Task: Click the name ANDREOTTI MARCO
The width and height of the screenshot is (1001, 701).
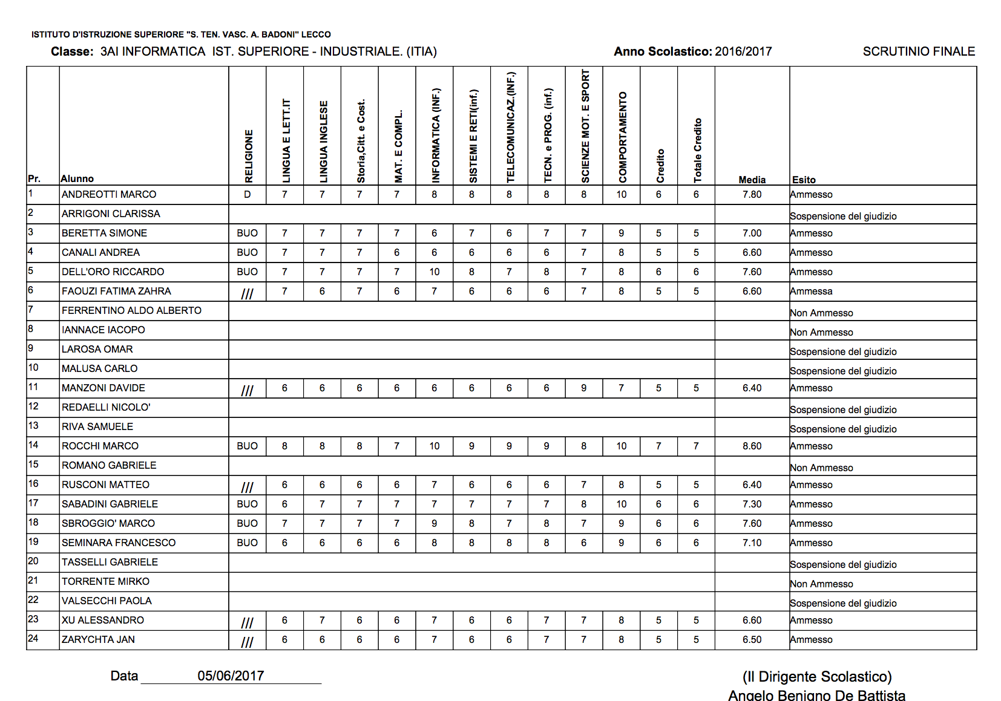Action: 109,195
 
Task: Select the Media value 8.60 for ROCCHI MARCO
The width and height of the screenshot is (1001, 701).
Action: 752,446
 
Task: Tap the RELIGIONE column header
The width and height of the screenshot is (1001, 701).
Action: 248,156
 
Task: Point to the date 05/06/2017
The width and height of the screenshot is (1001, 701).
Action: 231,676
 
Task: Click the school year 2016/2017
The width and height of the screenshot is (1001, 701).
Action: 743,51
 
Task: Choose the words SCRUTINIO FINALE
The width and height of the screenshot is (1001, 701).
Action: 919,51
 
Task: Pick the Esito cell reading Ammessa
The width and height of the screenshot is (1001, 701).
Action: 812,292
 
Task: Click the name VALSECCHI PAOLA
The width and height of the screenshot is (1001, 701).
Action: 107,601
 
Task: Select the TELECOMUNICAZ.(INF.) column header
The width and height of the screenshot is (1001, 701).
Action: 510,127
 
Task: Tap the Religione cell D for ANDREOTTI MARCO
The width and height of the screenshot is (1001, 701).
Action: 247,195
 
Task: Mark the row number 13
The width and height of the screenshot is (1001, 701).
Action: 33,426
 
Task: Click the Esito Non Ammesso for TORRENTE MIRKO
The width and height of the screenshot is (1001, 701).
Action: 822,584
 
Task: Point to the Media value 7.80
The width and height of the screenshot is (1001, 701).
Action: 752,195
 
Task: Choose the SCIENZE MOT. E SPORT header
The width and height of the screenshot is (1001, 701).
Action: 585,126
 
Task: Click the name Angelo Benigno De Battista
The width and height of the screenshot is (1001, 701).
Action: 816,696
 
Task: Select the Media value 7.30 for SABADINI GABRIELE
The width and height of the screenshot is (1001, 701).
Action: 752,504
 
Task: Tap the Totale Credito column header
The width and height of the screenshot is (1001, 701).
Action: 697,150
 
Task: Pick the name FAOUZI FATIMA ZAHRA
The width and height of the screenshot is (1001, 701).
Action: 116,292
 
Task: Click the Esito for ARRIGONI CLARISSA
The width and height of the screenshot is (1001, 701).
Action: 843,217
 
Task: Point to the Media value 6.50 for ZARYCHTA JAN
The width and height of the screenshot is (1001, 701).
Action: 752,640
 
